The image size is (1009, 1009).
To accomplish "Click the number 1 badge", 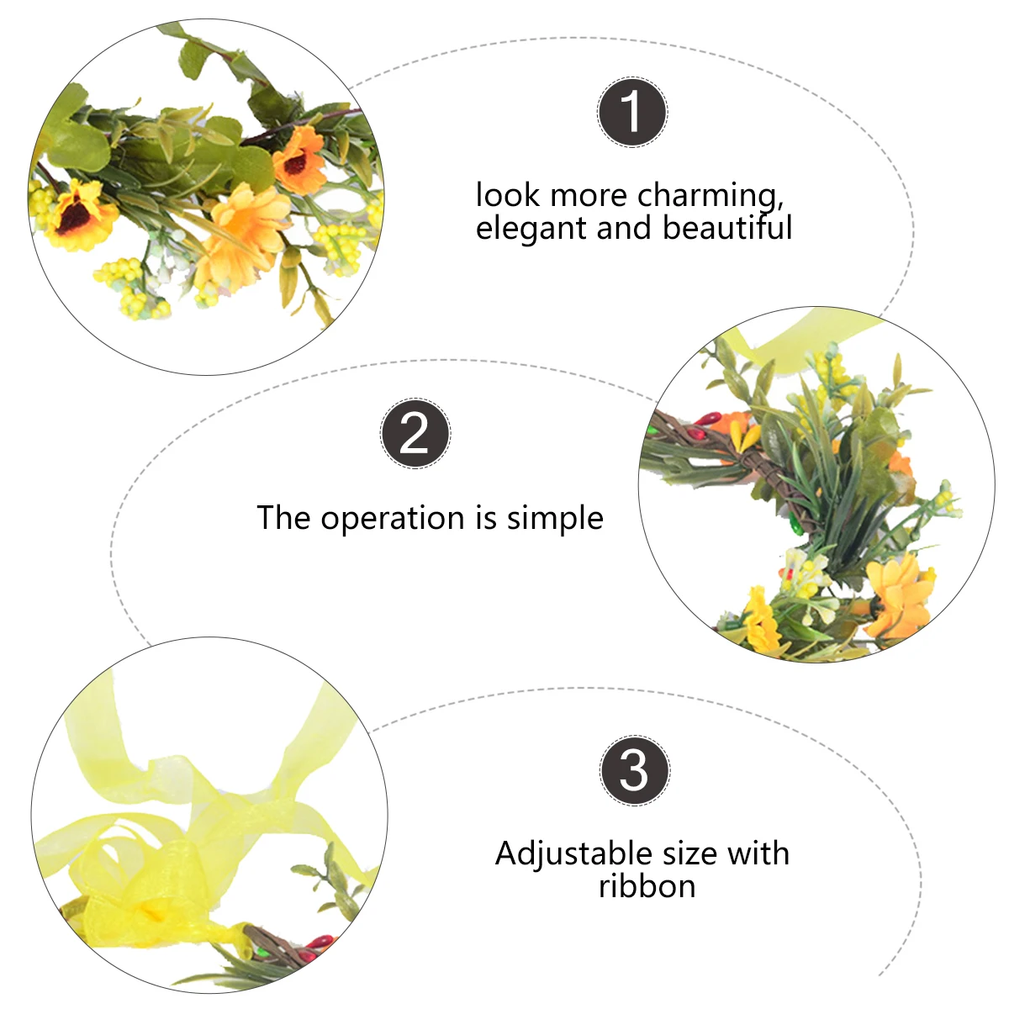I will point(632,113).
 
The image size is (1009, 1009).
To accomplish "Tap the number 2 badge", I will point(415,434).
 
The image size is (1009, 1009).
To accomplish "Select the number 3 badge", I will point(635,770).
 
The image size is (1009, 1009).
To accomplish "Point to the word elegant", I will point(531,229).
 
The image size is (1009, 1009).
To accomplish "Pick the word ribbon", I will point(647,886).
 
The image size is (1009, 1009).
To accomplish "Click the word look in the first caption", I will point(507,196).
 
